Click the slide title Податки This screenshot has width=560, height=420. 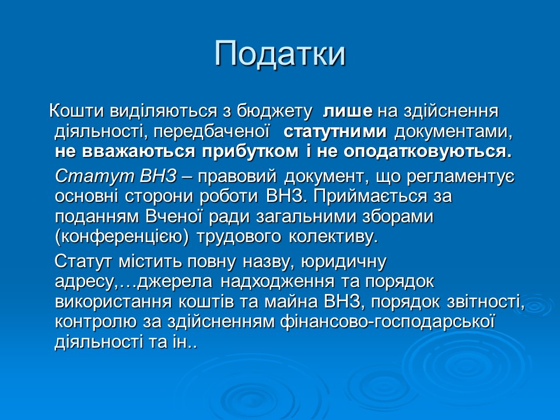pos(280,54)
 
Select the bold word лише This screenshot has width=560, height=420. pos(348,111)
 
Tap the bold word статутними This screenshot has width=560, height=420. pos(335,131)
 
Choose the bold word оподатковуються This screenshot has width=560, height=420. pos(427,151)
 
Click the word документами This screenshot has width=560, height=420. pos(453,131)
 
